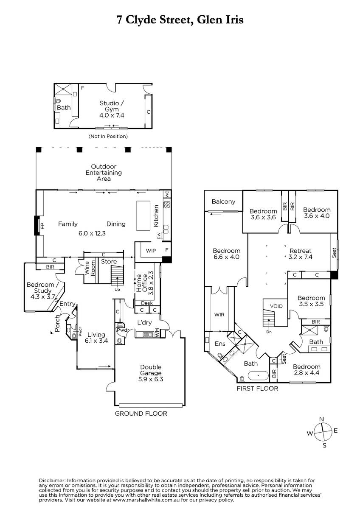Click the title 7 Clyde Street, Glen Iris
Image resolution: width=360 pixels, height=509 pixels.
[x=180, y=20]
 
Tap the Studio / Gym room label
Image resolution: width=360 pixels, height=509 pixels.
[x=112, y=106]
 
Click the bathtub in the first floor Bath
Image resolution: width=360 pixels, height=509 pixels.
[x=258, y=376]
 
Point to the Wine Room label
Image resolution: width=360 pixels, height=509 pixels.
[x=90, y=268]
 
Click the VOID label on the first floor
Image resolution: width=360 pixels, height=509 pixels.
[x=276, y=306]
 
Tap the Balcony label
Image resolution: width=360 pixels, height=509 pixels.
[x=223, y=201]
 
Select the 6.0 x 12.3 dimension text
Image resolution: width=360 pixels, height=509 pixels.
[x=92, y=233]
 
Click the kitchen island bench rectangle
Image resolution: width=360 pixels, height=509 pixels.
[x=143, y=215]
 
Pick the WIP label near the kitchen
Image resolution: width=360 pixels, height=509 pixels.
[x=151, y=250]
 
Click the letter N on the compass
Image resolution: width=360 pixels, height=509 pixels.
[x=321, y=419]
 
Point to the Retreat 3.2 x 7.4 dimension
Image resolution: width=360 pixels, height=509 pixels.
[x=301, y=257]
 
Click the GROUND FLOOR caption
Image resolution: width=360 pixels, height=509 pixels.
[x=141, y=414]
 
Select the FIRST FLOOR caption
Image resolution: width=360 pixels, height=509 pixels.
[x=257, y=389]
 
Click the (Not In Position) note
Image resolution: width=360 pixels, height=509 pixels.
[x=108, y=136]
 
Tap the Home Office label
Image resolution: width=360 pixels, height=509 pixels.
[x=142, y=283]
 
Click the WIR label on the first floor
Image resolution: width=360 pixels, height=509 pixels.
[x=219, y=315]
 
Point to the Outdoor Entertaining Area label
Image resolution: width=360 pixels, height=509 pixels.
[x=104, y=173]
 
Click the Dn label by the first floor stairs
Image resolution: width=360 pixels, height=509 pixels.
[x=269, y=332]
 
